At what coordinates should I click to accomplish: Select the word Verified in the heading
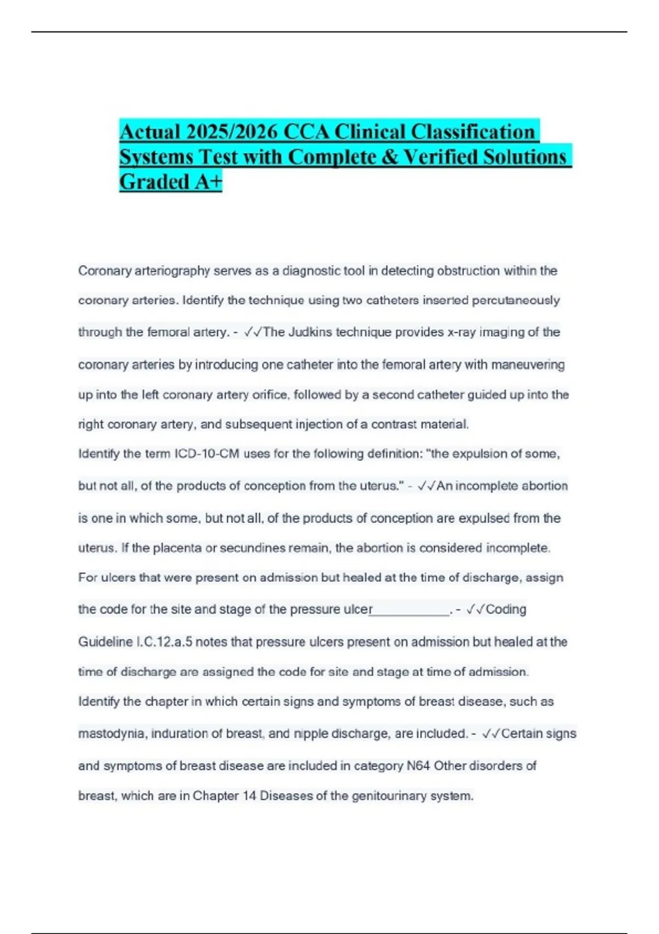pos(440,157)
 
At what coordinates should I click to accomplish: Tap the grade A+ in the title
pos(208,182)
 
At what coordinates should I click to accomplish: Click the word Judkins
pos(310,332)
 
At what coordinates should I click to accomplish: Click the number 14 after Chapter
pos(249,796)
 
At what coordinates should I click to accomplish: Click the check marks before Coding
pos(476,609)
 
